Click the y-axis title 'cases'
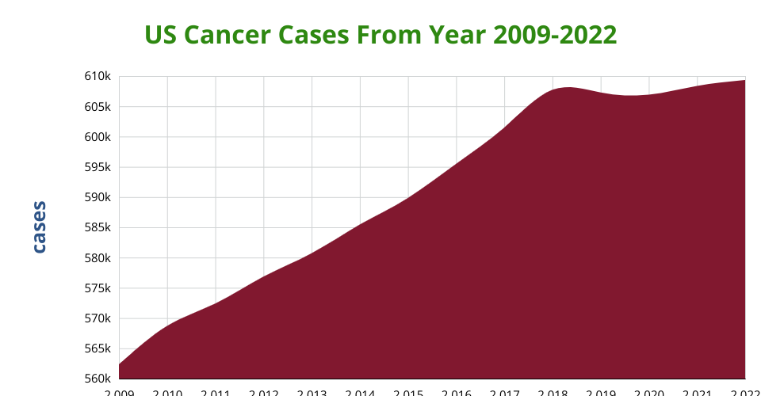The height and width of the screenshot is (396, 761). coord(39,227)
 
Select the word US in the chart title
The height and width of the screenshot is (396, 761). coord(159,36)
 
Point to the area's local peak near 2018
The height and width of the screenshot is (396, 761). coord(565,87)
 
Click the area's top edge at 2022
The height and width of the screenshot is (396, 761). coord(744,81)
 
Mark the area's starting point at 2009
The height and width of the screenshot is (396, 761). coord(119,365)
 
